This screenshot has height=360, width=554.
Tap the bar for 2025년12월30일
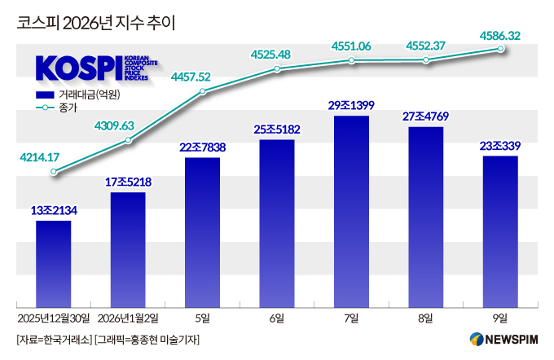tap(54, 261)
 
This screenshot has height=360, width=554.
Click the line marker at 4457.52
tap(203, 90)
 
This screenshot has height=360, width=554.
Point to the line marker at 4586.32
tap(501, 50)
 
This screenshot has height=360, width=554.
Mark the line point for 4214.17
tap(54, 172)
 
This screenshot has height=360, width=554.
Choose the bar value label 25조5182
tap(277, 129)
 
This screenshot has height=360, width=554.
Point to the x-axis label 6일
tap(277, 317)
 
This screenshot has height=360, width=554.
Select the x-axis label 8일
tap(426, 317)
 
